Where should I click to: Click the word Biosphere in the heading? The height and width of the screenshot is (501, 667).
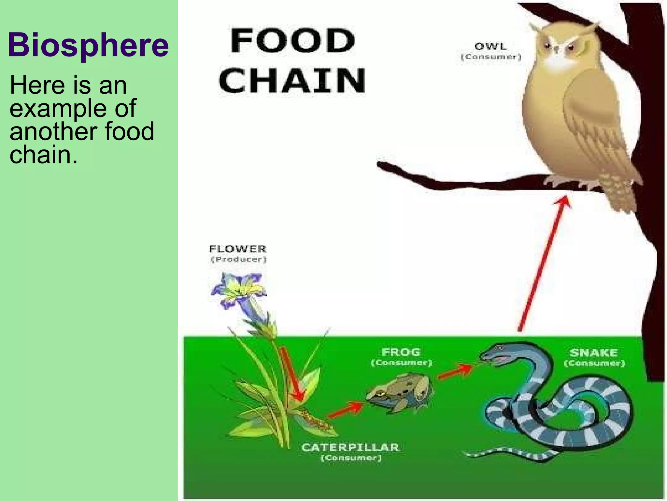coord(88,45)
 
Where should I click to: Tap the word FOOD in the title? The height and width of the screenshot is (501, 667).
coord(292,41)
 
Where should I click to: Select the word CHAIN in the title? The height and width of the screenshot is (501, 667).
coord(292,80)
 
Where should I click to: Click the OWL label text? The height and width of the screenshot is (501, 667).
coord(491,47)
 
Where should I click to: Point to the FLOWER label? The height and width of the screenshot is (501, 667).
coord(238,249)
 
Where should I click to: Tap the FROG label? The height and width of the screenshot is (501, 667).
coord(401,352)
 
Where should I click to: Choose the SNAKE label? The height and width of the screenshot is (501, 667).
coord(594,353)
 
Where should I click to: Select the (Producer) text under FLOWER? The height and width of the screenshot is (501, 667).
coord(239,260)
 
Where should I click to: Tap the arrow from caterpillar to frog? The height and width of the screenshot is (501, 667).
coord(346,410)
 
